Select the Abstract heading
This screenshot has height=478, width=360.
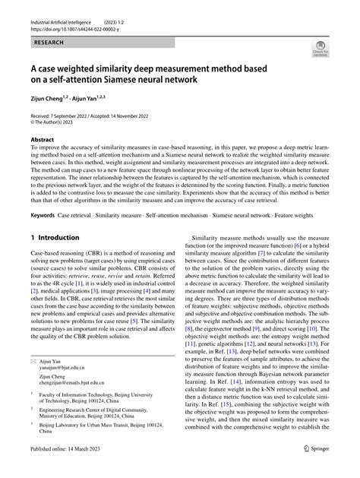click(43, 140)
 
